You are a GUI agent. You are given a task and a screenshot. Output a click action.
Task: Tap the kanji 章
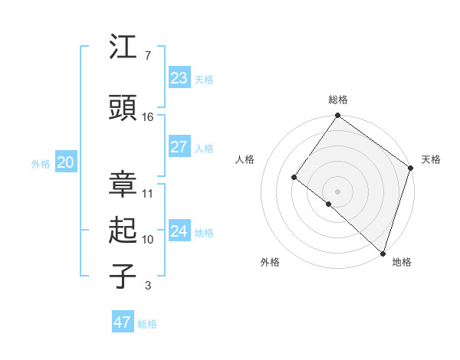(x=123, y=184)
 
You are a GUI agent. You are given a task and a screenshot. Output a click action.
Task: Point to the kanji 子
(x=123, y=277)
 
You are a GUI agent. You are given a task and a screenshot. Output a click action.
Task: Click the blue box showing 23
(x=179, y=78)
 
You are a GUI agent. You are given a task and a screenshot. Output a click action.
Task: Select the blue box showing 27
(x=179, y=147)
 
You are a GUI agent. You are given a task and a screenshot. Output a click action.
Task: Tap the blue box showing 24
(x=179, y=231)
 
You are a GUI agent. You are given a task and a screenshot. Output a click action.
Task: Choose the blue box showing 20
(x=65, y=162)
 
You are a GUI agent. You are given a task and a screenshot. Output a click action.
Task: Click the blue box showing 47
(x=122, y=322)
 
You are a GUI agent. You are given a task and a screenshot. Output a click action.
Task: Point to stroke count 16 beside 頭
(x=148, y=117)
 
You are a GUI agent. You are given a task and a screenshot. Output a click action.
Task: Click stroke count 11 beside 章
(x=148, y=194)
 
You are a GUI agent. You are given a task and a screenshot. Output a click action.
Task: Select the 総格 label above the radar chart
(x=338, y=100)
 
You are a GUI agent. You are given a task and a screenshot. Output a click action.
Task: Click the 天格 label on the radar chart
(x=431, y=159)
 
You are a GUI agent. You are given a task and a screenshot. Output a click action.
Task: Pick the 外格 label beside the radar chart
(x=270, y=262)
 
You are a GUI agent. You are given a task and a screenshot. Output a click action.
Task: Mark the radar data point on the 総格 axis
(x=338, y=116)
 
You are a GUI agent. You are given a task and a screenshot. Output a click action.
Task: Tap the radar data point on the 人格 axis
(x=294, y=178)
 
